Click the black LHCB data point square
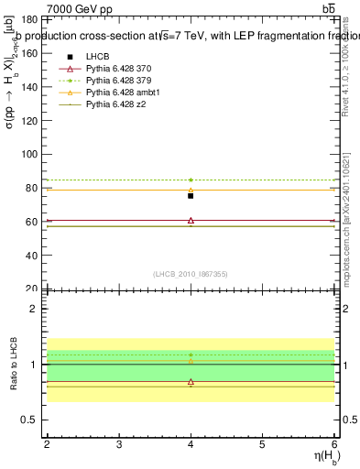[191, 196]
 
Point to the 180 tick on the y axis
[28, 19]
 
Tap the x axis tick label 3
[119, 444]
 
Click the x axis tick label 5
[263, 444]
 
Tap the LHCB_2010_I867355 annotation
[191, 274]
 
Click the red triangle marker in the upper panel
[191, 221]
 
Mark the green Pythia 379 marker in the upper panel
[191, 180]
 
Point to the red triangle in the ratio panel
[191, 381]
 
